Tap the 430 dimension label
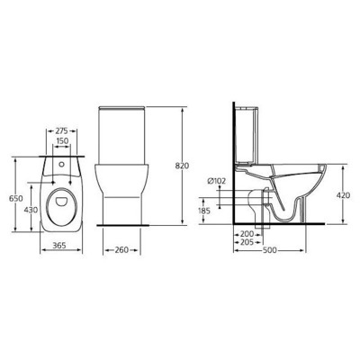pyautogui.click(x=31, y=209)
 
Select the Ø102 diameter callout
pyautogui.click(x=216, y=182)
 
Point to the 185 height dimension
pyautogui.click(x=207, y=211)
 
